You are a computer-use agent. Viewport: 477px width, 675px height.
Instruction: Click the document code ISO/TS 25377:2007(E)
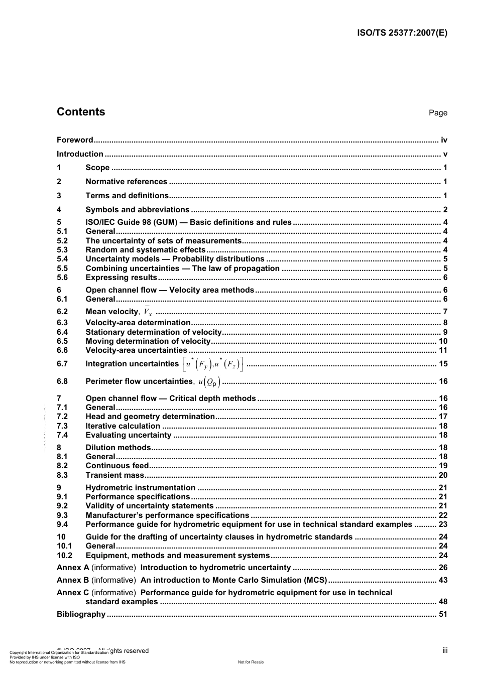(402, 33)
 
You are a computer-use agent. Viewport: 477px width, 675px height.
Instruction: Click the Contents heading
(81, 112)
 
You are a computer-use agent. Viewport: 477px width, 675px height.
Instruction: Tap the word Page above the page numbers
(437, 113)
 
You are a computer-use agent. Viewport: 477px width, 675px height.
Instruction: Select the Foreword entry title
(75, 140)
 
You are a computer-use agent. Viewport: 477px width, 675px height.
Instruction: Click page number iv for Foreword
(443, 140)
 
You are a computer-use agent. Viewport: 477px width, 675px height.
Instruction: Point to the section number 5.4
(62, 259)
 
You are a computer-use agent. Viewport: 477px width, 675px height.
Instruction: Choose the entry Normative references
(126, 182)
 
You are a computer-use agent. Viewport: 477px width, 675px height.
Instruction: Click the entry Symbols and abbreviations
(137, 210)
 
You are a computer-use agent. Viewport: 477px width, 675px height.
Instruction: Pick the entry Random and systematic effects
(145, 250)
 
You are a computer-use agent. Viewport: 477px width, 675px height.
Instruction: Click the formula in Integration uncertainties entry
(213, 364)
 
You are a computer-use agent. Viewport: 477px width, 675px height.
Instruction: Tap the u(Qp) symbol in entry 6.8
(209, 381)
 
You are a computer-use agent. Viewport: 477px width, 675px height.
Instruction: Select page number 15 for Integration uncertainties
(442, 364)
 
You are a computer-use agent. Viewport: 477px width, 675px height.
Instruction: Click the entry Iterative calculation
(123, 426)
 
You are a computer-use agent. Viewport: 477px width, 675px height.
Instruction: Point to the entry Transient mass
(114, 475)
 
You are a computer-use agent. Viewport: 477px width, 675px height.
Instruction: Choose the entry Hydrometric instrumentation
(140, 488)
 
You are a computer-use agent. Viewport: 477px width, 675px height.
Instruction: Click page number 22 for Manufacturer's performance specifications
(442, 515)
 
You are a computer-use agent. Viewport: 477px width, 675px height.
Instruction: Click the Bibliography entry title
(81, 614)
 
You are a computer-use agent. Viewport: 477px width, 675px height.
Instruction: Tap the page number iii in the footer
(444, 650)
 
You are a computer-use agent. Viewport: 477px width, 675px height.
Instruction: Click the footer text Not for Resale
(251, 662)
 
